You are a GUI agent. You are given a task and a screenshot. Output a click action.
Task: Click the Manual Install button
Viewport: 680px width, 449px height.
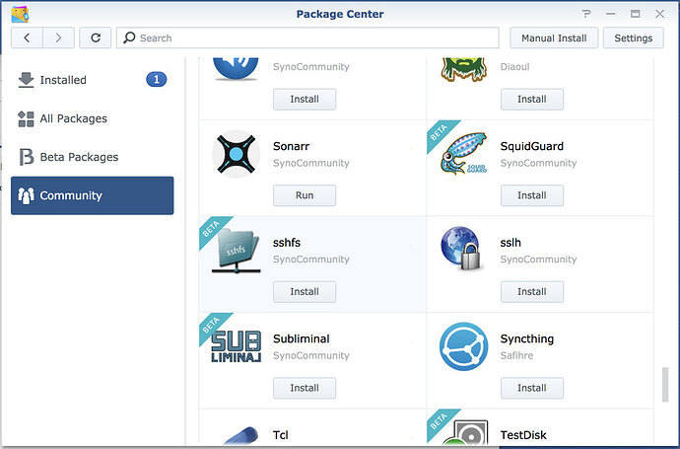point(554,37)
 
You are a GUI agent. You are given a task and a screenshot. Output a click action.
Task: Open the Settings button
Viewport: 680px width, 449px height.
point(633,37)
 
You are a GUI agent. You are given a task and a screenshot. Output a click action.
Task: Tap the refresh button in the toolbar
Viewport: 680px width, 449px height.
point(95,37)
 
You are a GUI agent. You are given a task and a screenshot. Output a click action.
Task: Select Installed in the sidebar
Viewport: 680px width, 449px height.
point(63,80)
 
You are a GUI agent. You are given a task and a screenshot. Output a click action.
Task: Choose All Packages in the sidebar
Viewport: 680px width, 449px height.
point(73,118)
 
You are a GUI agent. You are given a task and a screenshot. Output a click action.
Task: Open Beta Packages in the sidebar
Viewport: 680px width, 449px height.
point(78,157)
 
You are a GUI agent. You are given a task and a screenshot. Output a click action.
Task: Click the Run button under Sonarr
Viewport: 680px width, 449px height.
point(305,195)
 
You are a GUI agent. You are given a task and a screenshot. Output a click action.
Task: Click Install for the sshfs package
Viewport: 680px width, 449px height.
point(305,291)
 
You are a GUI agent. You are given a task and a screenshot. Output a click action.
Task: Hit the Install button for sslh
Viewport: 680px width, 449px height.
point(531,291)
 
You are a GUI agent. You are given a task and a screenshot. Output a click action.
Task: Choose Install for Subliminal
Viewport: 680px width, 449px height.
point(305,388)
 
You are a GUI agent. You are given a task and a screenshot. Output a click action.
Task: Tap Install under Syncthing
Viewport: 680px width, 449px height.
point(531,388)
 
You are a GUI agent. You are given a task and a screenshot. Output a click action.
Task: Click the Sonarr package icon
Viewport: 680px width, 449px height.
point(236,154)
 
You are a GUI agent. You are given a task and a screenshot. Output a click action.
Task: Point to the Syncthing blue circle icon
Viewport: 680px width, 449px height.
point(463,346)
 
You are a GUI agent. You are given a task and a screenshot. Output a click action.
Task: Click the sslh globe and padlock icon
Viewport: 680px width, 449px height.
point(463,251)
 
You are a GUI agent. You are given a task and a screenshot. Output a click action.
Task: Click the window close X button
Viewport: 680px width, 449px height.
point(662,14)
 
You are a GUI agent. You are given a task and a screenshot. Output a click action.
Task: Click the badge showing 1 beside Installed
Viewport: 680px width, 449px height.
point(156,80)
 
